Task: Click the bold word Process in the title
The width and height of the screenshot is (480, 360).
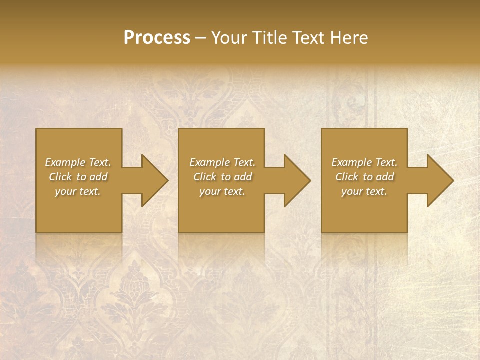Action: [157, 38]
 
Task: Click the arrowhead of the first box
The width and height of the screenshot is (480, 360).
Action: [154, 180]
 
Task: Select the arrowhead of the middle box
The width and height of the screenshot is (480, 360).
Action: [296, 180]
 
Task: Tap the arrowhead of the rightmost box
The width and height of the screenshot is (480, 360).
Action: [439, 180]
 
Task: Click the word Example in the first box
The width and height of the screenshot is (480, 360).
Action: [66, 162]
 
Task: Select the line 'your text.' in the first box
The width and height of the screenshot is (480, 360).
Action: [78, 191]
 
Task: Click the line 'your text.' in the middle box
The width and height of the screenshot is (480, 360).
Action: [222, 191]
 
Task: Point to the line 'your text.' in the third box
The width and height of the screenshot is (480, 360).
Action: [364, 191]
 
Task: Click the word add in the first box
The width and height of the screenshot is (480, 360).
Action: [98, 177]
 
